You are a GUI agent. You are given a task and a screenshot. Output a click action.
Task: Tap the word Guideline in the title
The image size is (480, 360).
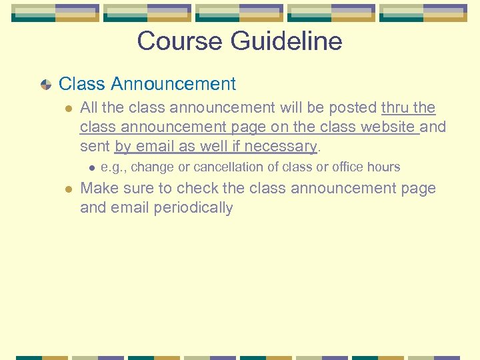point(287,41)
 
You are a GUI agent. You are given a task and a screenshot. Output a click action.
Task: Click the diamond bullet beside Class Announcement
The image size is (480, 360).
point(45,85)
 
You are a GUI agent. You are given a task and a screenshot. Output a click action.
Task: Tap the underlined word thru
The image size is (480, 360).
point(395,108)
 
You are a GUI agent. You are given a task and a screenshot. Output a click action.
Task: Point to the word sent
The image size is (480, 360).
point(95,146)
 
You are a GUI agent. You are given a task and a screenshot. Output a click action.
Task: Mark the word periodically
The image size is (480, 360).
point(193,208)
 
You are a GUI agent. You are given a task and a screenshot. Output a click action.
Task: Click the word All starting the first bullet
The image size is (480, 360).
point(89,108)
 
